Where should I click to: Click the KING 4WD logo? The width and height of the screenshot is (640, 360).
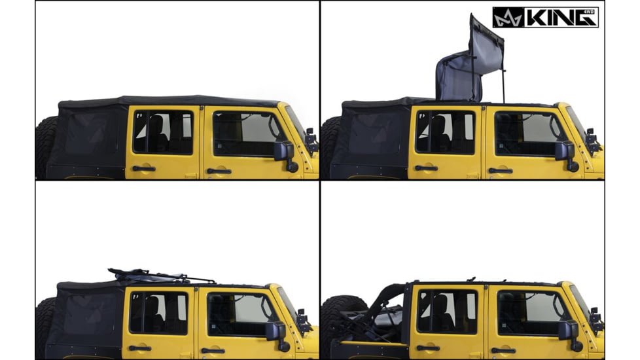click(545, 17)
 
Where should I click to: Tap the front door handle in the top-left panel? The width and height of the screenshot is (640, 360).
click(219, 171)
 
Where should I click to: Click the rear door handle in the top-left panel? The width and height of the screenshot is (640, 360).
click(143, 169)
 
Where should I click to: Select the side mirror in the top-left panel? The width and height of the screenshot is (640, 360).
click(283, 151)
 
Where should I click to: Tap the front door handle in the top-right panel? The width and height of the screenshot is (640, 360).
click(501, 170)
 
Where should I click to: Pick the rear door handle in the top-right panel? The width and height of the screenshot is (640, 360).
click(426, 168)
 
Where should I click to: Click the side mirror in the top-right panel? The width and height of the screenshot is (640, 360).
click(565, 151)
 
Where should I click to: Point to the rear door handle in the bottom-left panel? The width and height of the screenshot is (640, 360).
click(140, 348)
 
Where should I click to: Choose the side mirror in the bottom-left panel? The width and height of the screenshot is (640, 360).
click(274, 331)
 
